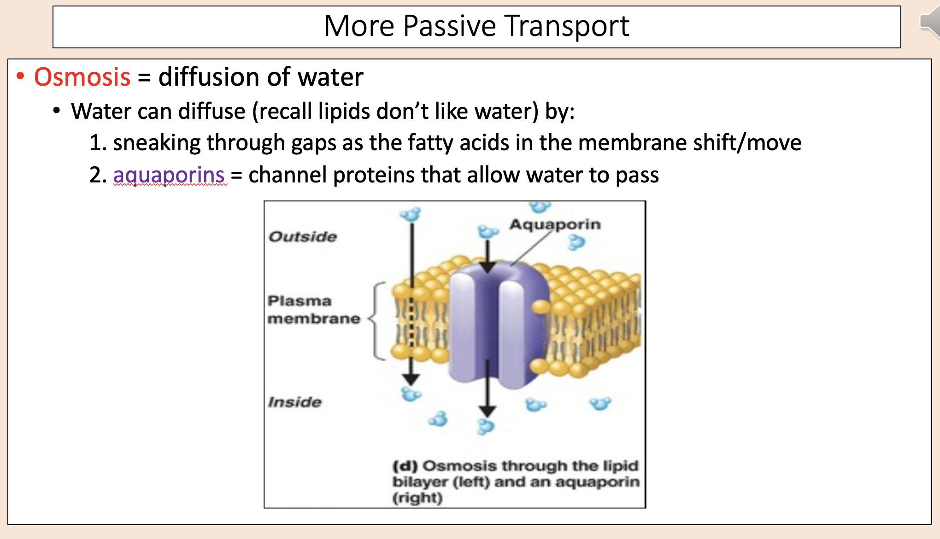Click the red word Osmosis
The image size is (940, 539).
click(x=82, y=77)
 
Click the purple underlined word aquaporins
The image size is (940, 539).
click(x=169, y=175)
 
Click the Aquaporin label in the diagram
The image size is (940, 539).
click(x=555, y=224)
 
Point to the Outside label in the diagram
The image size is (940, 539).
click(x=303, y=237)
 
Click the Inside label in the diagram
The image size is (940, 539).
click(x=295, y=402)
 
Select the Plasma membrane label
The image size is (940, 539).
click(x=313, y=310)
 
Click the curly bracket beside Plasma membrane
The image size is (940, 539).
click(x=376, y=320)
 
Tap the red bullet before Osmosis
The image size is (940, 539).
click(x=20, y=76)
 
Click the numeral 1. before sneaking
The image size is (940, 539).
click(x=98, y=143)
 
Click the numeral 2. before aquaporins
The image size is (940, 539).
click(x=98, y=175)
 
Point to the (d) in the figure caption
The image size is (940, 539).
click(x=405, y=466)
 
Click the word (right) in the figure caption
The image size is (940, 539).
click(x=417, y=498)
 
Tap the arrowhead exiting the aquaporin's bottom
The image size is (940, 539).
click(x=487, y=410)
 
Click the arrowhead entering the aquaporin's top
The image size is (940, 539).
click(x=487, y=267)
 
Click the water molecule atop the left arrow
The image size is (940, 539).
click(x=411, y=215)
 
